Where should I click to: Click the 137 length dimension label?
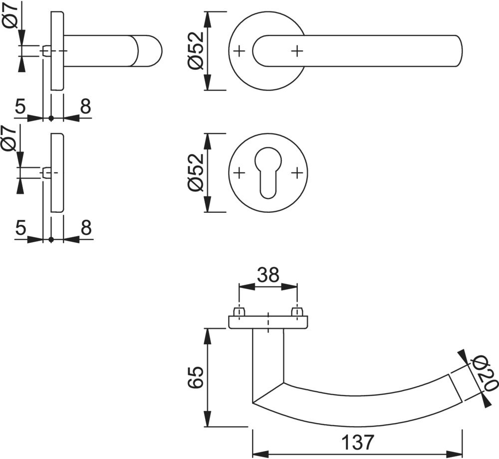tap(358, 442)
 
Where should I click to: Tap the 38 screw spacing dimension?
tap(268, 275)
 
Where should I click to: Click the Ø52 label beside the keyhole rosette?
tap(196, 172)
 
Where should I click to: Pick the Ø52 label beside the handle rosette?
tap(196, 51)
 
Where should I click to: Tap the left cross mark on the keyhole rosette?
tap(239, 172)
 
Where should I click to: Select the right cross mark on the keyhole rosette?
tap(297, 172)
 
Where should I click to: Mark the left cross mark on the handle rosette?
tap(239, 50)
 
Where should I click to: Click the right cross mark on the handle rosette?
tap(297, 50)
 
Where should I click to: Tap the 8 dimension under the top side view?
tap(85, 107)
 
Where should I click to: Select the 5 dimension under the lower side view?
tap(20, 228)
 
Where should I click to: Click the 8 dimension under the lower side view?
tap(85, 228)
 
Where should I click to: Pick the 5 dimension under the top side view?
tap(20, 107)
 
